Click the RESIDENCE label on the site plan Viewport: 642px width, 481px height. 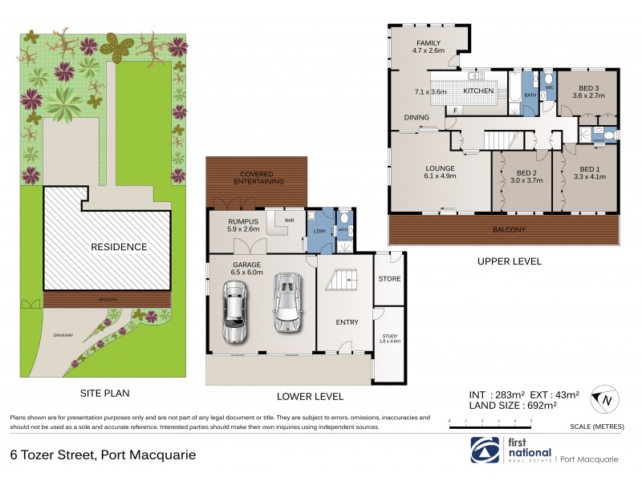click(119, 247)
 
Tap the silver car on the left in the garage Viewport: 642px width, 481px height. click(235, 314)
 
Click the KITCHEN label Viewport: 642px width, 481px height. click(478, 91)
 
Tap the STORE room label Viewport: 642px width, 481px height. click(389, 279)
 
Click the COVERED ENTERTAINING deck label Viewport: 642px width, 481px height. click(258, 176)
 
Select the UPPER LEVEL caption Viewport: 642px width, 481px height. click(509, 261)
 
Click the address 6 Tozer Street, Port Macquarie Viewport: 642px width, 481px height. click(103, 455)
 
